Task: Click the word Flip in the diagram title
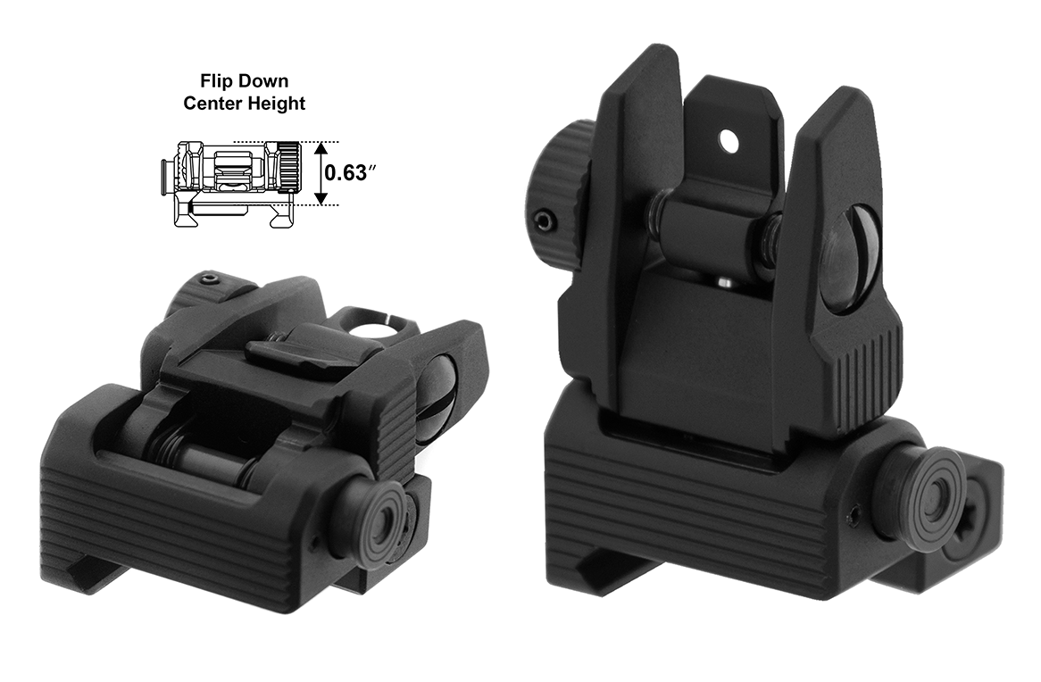click(217, 81)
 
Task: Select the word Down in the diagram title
click(263, 81)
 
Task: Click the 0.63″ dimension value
click(346, 172)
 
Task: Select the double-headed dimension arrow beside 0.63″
click(321, 173)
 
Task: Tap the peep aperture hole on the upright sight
click(730, 139)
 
